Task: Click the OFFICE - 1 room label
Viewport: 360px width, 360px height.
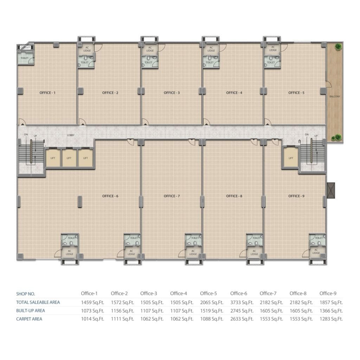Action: point(47,93)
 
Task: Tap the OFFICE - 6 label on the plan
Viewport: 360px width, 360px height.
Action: point(110,196)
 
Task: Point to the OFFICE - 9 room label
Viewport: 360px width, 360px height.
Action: point(296,196)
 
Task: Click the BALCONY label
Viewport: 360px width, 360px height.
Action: point(335,96)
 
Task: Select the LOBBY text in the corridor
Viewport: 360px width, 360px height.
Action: point(71,135)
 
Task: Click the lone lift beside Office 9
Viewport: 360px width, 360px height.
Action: point(291,158)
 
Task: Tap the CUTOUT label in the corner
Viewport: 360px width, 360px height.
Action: point(25,47)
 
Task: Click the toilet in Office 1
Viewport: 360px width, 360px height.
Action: point(25,58)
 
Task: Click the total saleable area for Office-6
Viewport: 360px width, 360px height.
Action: point(242,303)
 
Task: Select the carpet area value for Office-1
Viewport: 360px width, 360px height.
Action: point(92,319)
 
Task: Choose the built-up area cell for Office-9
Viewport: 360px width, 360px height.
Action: point(331,311)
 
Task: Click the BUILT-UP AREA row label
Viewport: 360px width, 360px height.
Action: point(31,311)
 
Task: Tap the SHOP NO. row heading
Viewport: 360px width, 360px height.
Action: point(25,294)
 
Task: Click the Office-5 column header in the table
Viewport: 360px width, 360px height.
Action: point(208,294)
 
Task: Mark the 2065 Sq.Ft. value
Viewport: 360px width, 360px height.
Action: point(212,303)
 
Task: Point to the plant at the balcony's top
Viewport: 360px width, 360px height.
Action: point(338,47)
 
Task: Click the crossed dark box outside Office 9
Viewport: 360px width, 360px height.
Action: point(331,190)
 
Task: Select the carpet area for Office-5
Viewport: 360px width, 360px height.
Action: point(212,319)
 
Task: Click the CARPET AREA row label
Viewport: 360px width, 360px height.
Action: point(29,319)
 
